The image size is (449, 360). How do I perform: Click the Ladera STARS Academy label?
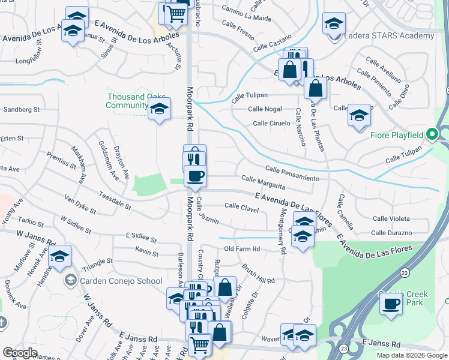click(388, 36)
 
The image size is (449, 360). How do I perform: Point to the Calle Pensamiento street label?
click(297, 174)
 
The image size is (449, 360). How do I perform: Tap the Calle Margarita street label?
click(263, 183)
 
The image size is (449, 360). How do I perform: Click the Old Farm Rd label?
click(241, 248)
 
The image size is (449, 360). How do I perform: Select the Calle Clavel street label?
click(241, 207)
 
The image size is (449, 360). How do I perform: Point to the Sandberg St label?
click(21, 110)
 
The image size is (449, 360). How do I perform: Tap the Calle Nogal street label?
click(265, 109)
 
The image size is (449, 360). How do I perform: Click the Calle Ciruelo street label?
click(271, 123)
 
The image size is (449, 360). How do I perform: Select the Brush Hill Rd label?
click(258, 274)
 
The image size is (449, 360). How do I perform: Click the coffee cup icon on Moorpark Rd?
click(195, 176)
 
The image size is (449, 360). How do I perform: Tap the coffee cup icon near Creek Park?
click(391, 305)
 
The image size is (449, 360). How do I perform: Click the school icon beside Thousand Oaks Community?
click(159, 110)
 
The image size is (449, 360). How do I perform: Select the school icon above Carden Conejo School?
click(59, 256)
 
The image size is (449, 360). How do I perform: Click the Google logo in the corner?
click(20, 352)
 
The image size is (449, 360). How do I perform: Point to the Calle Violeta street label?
click(391, 219)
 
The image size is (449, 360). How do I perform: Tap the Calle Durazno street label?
click(391, 233)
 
